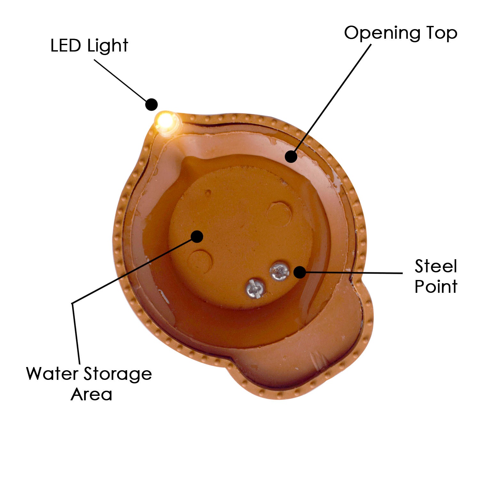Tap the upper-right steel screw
coord(279,271)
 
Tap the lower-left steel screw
coord(255,288)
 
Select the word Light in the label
coord(108,46)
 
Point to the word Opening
coord(382,33)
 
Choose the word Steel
coord(436,266)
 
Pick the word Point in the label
coord(436,286)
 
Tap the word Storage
coord(118,374)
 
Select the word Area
coord(92,394)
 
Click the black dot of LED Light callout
coord(151,104)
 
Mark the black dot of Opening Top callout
coord(291,156)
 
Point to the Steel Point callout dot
coord(300,272)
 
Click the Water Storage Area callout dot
coord(197,236)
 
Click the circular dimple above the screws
coord(280,211)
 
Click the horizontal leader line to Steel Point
coord(352,273)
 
